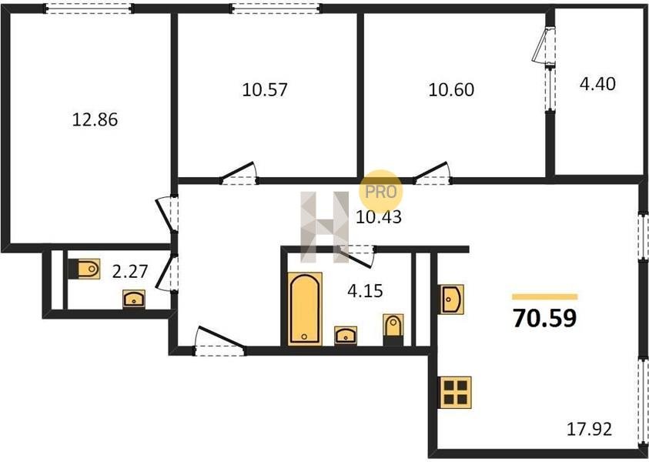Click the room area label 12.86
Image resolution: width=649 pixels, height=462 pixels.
point(95,120)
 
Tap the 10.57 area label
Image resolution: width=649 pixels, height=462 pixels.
point(265,90)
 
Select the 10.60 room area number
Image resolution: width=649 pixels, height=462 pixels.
point(451,90)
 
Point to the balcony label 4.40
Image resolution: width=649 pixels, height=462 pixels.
point(597,84)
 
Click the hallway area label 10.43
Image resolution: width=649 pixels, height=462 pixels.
point(379,217)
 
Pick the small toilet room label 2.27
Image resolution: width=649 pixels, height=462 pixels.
point(130,272)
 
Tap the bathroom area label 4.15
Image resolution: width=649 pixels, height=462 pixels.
point(365,291)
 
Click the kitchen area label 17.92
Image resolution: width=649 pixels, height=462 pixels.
point(589,430)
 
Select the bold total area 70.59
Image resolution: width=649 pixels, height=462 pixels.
point(544,318)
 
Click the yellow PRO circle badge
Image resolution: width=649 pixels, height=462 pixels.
point(380,192)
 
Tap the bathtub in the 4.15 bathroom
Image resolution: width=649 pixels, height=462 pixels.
point(305,309)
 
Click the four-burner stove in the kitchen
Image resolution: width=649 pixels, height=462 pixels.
point(455,393)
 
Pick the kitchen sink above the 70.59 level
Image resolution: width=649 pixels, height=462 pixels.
point(451,299)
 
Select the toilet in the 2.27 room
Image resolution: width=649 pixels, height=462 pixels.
point(84,269)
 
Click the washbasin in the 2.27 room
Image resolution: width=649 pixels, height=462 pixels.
point(134,299)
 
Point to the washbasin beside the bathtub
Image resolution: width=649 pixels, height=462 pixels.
point(346,336)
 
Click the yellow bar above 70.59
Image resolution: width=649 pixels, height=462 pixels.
point(545,296)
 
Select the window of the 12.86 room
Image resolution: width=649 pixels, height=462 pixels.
point(89,8)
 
